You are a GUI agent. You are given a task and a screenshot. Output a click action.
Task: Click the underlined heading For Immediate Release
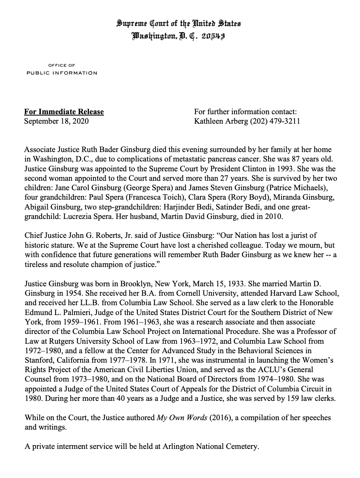click(64, 112)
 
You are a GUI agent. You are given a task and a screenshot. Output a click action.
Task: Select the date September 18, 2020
click(57, 121)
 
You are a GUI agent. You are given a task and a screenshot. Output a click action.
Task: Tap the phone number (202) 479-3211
click(275, 121)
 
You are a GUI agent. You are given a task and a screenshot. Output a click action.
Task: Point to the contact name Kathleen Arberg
click(221, 121)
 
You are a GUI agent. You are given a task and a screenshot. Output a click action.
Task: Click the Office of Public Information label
click(62, 69)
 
